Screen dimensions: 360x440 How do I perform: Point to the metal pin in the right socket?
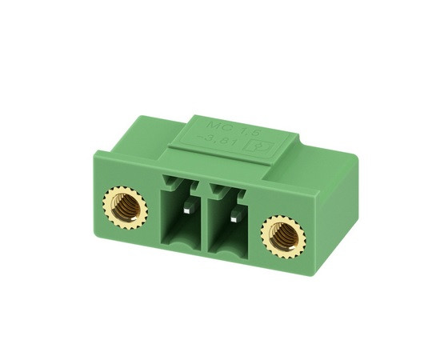[x=234, y=217]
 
